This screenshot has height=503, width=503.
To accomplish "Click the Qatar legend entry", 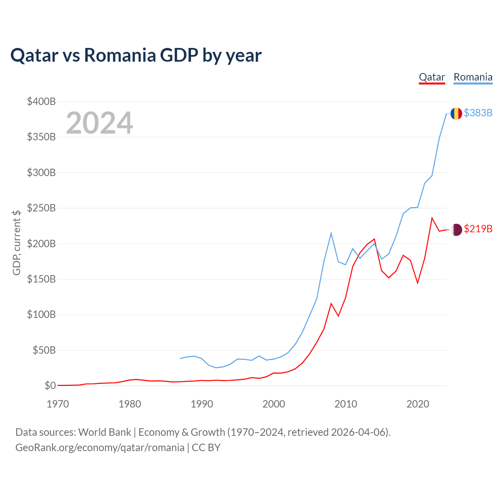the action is coord(432,77).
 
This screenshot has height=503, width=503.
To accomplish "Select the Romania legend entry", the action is coord(473,77).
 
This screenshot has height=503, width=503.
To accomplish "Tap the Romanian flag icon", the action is coord(456,114).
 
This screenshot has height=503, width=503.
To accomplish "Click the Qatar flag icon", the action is coord(456,230).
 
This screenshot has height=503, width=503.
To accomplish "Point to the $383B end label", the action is coord(478,113).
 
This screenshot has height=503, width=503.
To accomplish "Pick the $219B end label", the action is coord(478,229).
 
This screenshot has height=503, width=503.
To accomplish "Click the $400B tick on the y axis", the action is coord(41,101).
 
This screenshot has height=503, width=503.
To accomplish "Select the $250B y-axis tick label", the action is coord(41,208).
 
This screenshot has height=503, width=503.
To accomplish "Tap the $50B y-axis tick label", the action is coord(44,350).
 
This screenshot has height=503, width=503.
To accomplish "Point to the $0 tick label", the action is coord(50,386).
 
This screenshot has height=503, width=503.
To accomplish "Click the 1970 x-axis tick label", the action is coord(58,404).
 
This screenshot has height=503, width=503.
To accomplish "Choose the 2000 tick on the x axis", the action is coord(274,404).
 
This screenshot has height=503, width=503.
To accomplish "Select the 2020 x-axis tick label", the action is coord(418,404).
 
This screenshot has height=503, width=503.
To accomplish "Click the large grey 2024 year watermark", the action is coord(99,123).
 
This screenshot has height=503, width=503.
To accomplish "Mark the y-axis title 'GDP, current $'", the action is coord(17,243).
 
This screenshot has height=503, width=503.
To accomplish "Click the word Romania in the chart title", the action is coord(120,55).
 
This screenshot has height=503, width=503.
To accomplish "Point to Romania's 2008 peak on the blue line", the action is coord(331,233).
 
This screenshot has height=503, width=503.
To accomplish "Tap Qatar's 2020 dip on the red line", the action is coord(418,283).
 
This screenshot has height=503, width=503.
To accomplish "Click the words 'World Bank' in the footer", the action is coord(105,433).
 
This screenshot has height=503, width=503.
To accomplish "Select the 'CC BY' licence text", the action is coord(206,448).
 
